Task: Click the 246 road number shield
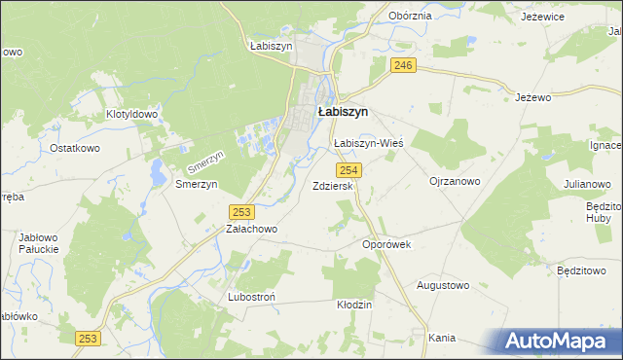[x=404, y=65]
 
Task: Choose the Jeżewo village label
[x=532, y=97]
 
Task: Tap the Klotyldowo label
[x=131, y=114]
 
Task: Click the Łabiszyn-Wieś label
[x=368, y=143]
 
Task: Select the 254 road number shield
[x=352, y=170]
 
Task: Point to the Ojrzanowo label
[x=455, y=181]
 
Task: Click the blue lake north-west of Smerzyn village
[x=155, y=171]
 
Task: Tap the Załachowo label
[x=252, y=230]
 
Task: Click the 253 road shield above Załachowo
[x=242, y=211]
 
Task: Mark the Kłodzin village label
[x=354, y=305]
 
